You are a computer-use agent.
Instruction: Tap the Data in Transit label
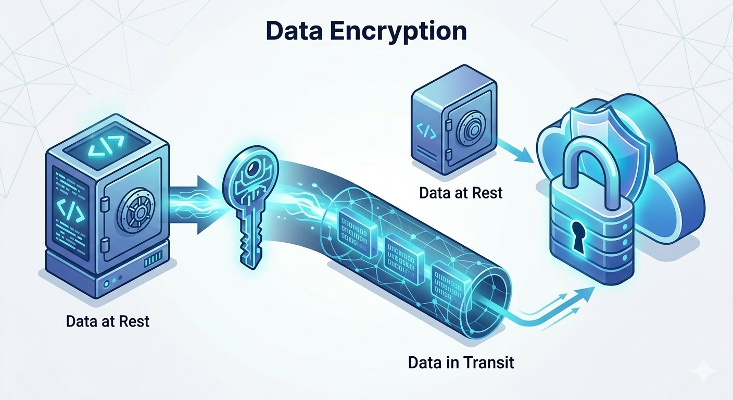461,362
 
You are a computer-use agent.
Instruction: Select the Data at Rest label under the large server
108,321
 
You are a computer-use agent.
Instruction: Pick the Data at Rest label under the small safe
461,193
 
